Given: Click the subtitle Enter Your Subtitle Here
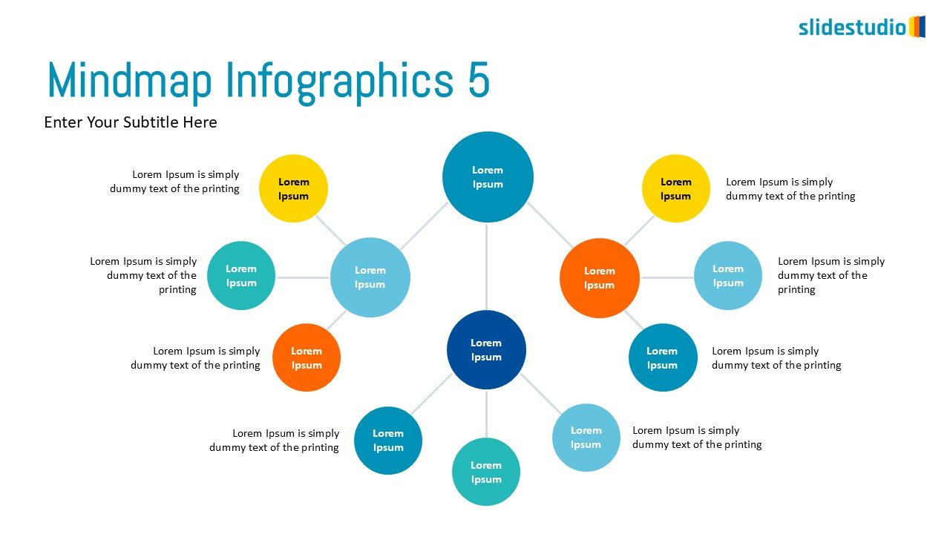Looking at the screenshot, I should (x=131, y=122).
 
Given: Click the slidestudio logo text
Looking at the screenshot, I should (x=852, y=27).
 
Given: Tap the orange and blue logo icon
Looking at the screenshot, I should (x=917, y=27).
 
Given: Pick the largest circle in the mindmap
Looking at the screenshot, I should (x=488, y=177).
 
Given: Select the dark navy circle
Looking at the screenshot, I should (x=486, y=349).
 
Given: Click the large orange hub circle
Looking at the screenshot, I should (x=599, y=277).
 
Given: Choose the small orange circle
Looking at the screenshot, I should (x=307, y=357).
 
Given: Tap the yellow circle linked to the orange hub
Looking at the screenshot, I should (x=675, y=188).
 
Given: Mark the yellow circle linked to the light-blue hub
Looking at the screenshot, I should (x=293, y=188).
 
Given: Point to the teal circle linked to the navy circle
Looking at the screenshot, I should (x=486, y=472).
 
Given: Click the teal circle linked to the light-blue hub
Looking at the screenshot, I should (x=241, y=275).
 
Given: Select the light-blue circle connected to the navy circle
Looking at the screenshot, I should (x=586, y=437).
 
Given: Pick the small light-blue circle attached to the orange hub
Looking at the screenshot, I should (x=727, y=275).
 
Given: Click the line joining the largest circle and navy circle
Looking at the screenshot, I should (x=487, y=267).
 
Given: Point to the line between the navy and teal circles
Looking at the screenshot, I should (x=486, y=414).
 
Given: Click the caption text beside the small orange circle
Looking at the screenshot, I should (x=195, y=357).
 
